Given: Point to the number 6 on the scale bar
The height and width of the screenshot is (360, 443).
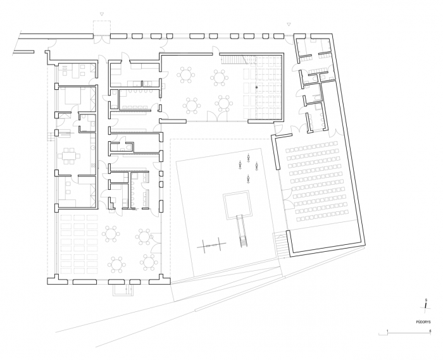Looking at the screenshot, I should pyautogui.click(x=430, y=331).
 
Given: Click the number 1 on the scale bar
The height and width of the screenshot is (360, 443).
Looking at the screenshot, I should pyautogui.click(x=387, y=331).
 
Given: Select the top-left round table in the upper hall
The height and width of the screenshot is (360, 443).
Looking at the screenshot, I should pyautogui.click(x=186, y=75).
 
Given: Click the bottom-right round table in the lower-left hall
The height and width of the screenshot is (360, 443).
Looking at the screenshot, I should pyautogui.click(x=149, y=261).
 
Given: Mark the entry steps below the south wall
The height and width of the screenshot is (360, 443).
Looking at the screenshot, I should pyautogui.click(x=122, y=290).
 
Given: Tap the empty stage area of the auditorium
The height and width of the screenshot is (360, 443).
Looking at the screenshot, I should pyautogui.click(x=323, y=233).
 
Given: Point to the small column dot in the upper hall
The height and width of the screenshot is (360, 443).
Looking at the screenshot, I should pyautogui.click(x=256, y=85).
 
